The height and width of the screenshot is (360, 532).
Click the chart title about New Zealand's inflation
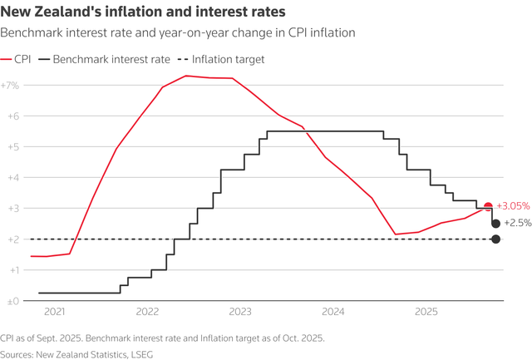[143, 12]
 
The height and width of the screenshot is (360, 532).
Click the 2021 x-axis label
[54, 313]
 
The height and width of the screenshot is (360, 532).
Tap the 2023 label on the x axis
[240, 313]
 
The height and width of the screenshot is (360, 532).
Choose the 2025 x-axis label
[426, 313]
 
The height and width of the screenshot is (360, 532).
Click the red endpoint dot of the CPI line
[488, 206]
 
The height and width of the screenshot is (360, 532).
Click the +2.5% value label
[518, 224]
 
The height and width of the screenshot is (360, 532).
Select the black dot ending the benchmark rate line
[495, 224]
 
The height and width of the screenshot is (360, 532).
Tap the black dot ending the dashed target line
[495, 239]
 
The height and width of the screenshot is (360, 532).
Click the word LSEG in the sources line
[140, 353]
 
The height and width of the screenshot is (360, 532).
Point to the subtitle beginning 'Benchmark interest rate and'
[178, 32]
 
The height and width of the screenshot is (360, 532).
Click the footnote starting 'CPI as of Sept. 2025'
[163, 338]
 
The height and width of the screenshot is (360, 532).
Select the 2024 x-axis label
[333, 313]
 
